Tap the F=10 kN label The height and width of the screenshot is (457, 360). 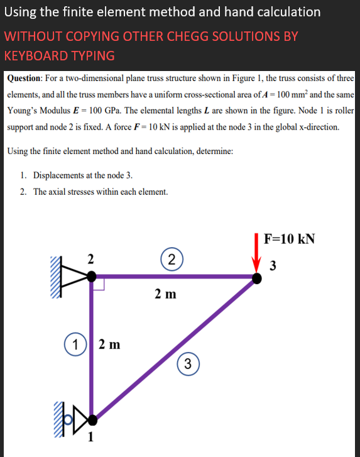pos(290,239)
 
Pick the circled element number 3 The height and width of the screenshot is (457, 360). pos(189,363)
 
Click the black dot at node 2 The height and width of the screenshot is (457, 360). pos(92,275)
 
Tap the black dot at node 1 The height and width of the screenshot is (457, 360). pos(92,417)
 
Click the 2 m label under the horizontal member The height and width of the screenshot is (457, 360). pos(166,294)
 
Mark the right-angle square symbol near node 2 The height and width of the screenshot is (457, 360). pos(99,284)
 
